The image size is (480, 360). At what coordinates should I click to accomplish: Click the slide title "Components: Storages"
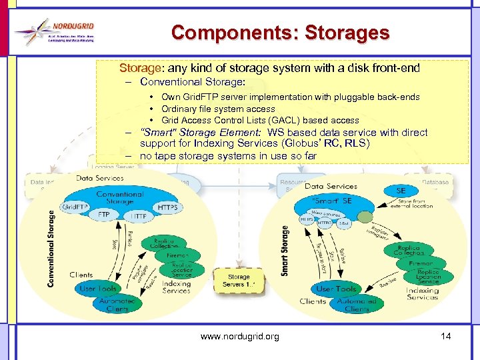pyautogui.click(x=280, y=32)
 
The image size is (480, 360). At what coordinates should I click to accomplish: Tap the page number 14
pyautogui.click(x=446, y=336)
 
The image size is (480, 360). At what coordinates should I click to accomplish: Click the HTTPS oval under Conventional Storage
pyautogui.click(x=167, y=207)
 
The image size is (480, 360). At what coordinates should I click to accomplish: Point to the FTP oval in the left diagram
pyautogui.click(x=104, y=216)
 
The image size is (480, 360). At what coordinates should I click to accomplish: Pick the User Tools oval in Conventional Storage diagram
pyautogui.click(x=97, y=289)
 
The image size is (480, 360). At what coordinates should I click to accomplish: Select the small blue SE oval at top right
pyautogui.click(x=401, y=191)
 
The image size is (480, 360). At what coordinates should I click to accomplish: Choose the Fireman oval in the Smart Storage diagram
pyautogui.click(x=421, y=264)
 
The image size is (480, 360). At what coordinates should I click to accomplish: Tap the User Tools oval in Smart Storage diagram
pyautogui.click(x=336, y=289)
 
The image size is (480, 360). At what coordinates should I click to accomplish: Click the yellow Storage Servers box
pyautogui.click(x=239, y=281)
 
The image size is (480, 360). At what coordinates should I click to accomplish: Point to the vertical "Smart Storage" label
pyautogui.click(x=285, y=251)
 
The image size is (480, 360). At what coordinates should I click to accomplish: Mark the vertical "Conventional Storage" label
pyautogui.click(x=51, y=249)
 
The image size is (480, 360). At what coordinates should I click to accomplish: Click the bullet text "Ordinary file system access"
pyautogui.click(x=218, y=109)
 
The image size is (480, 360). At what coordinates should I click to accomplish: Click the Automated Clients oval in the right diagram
pyautogui.click(x=356, y=305)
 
